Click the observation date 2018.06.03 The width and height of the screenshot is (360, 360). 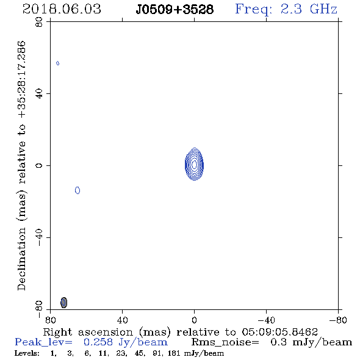[62, 9]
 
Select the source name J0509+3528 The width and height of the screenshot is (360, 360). [175, 9]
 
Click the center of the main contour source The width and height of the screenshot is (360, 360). [194, 164]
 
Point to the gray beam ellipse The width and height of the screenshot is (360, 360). [64, 303]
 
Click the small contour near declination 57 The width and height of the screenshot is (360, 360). [57, 63]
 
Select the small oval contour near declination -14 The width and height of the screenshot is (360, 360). [77, 190]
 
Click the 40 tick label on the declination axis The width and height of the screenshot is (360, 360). [39, 94]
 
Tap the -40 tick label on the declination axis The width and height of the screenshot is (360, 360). [39, 237]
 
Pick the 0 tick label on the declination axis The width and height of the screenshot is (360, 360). [39, 165]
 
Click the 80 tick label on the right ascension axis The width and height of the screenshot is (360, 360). [50, 320]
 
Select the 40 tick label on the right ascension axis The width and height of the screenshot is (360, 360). [122, 320]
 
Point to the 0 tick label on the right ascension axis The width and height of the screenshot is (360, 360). [194, 320]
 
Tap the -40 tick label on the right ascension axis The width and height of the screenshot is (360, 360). [266, 320]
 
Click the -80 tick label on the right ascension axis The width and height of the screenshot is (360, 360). [338, 320]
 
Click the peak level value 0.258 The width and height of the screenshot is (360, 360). [98, 342]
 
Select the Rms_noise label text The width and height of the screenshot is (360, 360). [225, 342]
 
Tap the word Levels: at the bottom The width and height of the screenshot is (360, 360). [27, 353]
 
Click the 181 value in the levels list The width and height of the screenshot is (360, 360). [174, 353]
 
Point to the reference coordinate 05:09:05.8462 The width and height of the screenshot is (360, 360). [279, 332]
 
